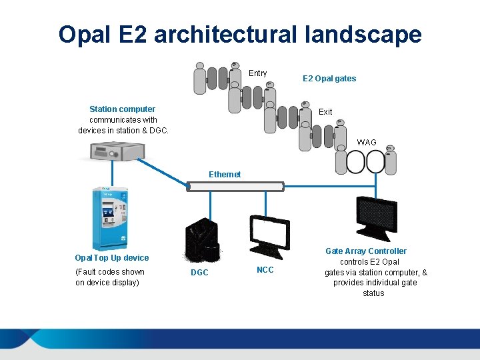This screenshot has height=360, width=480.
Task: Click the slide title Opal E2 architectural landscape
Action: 240,34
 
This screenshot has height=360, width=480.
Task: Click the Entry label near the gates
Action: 257,73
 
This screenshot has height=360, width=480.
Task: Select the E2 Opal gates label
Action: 329,79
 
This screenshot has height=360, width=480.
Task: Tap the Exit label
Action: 325,112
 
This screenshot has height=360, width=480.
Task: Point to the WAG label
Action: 367,143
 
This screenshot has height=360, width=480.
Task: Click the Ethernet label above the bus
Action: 225,175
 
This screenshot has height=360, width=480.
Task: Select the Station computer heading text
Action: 122,109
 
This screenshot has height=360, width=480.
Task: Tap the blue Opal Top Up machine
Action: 111,216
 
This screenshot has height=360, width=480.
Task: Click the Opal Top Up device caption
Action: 112,258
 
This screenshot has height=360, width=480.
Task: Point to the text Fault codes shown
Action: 110,272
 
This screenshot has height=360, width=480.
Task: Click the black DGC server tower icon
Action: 201,240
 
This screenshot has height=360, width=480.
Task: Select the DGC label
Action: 199,273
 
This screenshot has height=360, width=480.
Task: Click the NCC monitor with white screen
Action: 269,235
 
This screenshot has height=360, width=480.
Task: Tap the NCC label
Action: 265,270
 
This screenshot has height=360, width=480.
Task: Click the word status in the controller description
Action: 373,293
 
